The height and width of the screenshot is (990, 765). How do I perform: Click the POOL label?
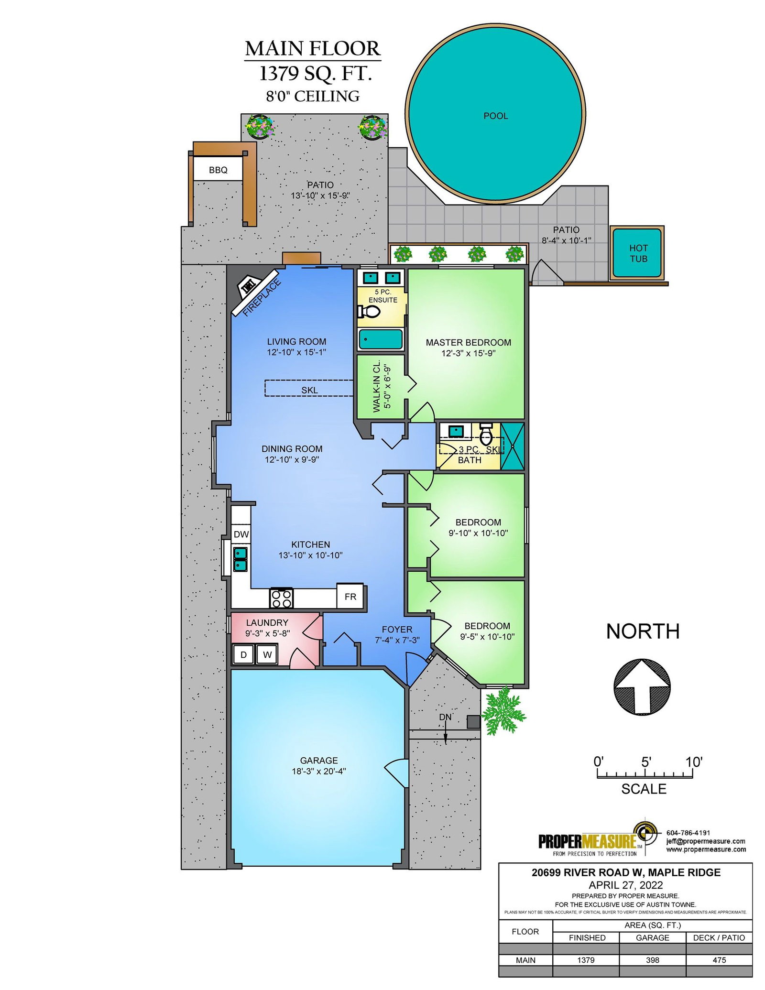point(495,116)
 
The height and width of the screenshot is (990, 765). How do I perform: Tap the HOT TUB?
point(638,253)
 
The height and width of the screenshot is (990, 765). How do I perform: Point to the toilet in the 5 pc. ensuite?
point(369,312)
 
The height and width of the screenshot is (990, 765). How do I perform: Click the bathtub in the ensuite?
point(381,339)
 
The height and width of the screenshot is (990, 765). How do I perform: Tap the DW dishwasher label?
point(241,534)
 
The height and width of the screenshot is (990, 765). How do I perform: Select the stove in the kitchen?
point(281,598)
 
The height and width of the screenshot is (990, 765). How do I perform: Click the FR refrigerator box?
point(350,596)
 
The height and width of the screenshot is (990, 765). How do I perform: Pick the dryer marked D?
point(243,654)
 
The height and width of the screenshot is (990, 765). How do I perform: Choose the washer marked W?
point(267,654)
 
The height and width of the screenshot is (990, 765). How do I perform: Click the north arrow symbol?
point(642,687)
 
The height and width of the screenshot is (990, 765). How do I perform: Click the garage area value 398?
point(652,960)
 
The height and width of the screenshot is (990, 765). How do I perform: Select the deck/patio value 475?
point(719,960)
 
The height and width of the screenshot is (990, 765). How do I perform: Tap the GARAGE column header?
point(652,938)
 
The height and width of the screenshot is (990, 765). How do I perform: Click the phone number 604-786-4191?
point(688,832)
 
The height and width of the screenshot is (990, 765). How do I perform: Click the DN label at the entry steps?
point(445,717)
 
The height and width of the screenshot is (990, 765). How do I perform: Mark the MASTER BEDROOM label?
point(468,343)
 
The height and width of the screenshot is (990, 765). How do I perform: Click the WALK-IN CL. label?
point(377,386)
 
